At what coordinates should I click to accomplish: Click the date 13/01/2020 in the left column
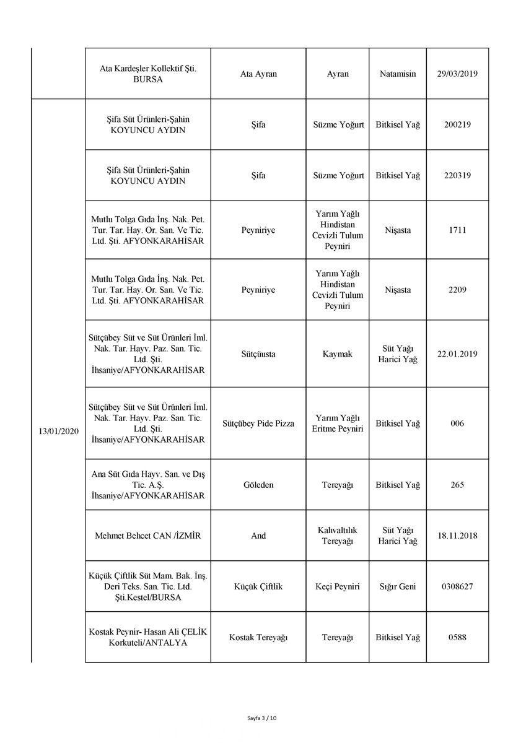[58, 431]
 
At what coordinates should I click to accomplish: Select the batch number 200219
[457, 124]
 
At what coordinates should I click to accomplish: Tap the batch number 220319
[457, 175]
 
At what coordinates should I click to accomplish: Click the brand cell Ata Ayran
[258, 74]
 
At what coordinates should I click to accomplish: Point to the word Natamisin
[398, 74]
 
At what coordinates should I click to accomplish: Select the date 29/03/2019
[457, 74]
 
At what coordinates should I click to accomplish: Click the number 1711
[457, 230]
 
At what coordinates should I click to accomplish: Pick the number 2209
[457, 290]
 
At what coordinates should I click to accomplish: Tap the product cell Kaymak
[337, 354]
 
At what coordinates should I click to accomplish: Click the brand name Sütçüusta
[258, 354]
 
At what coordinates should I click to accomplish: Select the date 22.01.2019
[457, 354]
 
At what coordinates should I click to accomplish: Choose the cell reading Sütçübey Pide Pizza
[258, 424]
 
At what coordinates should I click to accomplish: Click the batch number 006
[457, 424]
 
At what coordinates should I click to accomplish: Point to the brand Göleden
[258, 485]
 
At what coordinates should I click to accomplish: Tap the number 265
[457, 485]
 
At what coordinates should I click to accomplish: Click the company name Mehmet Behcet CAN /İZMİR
[148, 536]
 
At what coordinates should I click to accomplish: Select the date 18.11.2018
[457, 536]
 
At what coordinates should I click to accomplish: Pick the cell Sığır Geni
[398, 586]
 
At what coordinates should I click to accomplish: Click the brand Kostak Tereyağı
[258, 637]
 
